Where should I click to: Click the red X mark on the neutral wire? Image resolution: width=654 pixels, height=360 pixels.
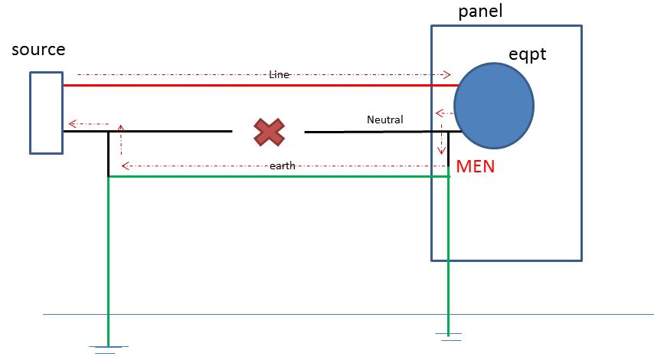[x=269, y=133]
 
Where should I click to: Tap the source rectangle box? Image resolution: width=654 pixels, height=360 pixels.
[x=47, y=112]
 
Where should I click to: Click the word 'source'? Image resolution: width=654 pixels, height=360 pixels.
[x=38, y=50]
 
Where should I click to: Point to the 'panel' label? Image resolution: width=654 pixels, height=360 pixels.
[x=480, y=11]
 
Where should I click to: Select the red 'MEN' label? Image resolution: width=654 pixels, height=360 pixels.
[x=475, y=166]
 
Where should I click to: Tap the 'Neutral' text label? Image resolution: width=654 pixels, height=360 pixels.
[x=384, y=119]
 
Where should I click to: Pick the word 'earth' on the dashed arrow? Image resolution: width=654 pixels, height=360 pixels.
[x=282, y=165]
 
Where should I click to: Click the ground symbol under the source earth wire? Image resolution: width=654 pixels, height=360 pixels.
[x=108, y=349]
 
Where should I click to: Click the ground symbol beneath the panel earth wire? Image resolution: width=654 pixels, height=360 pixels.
[x=448, y=335]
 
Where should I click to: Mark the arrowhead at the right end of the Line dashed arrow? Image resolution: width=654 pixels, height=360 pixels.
[x=446, y=75]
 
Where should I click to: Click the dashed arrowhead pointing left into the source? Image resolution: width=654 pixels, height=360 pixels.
[x=71, y=123]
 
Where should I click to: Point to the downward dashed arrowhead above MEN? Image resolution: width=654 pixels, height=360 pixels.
[x=441, y=150]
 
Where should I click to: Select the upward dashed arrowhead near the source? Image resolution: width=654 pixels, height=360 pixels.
[x=121, y=126]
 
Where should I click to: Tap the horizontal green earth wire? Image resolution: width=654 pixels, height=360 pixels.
[x=276, y=176]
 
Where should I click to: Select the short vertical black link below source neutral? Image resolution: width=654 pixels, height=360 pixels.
[x=108, y=153]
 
